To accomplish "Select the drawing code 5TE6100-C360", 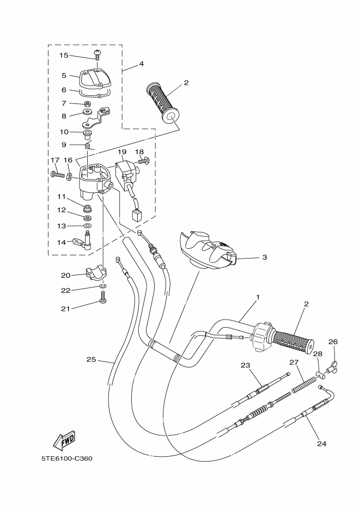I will pyautogui.click(x=67, y=458).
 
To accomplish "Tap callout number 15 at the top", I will pyautogui.click(x=63, y=55).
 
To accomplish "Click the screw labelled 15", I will pyautogui.click(x=97, y=53).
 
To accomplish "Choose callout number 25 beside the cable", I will pyautogui.click(x=91, y=359).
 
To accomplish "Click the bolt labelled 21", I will pyautogui.click(x=102, y=297).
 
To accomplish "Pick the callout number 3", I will pyautogui.click(x=264, y=257).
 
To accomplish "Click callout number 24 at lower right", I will pyautogui.click(x=321, y=443).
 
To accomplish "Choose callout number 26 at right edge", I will pyautogui.click(x=333, y=342).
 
